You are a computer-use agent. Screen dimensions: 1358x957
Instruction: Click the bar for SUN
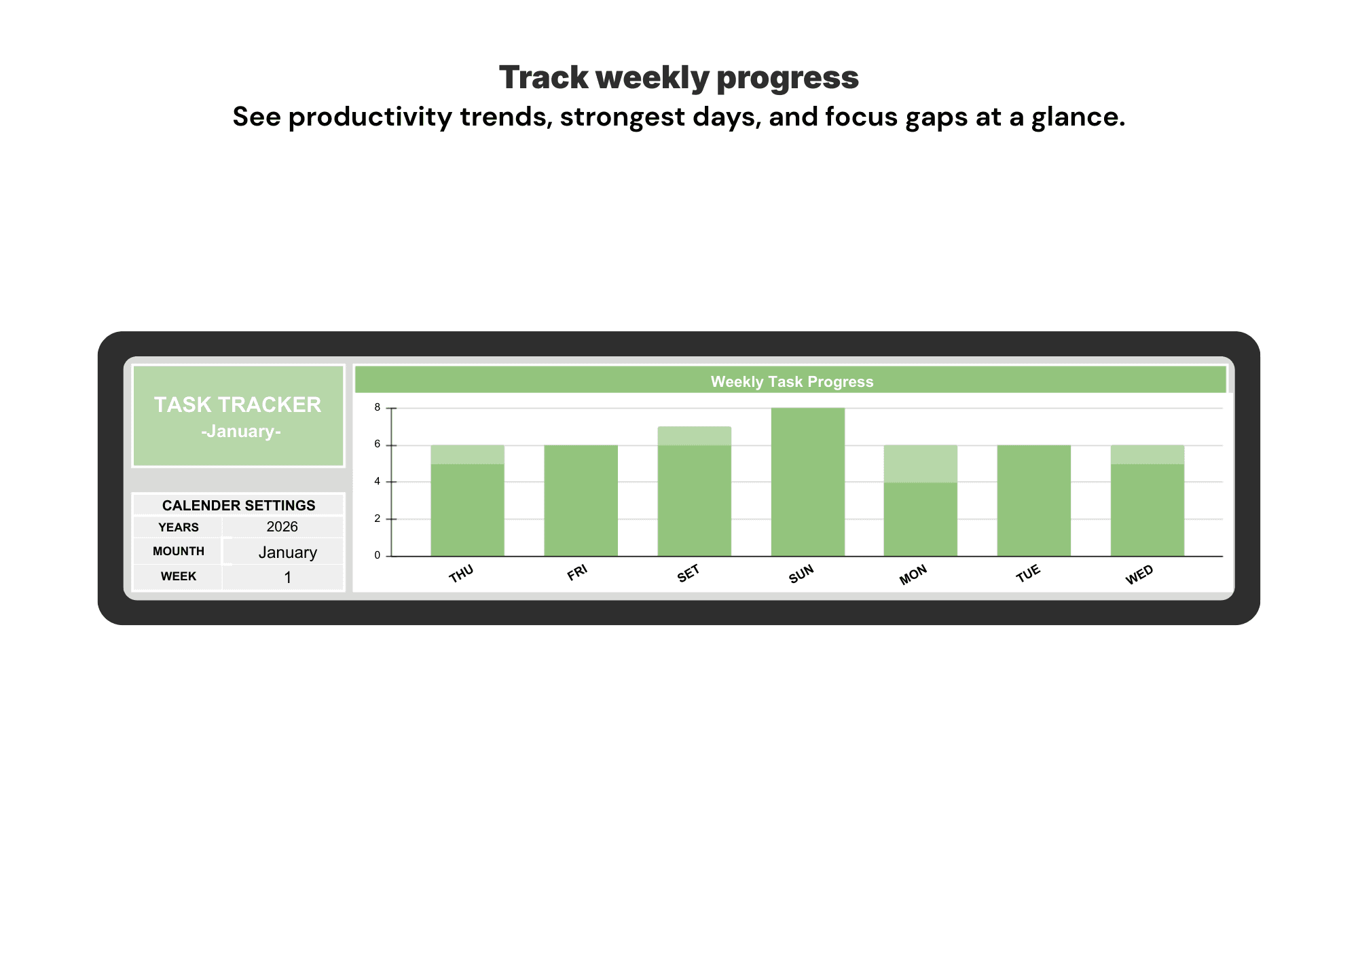808,482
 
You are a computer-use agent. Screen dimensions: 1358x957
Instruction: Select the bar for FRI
581,501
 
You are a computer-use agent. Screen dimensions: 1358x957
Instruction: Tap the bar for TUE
1034,501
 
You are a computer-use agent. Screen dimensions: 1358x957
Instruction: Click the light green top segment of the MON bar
921,464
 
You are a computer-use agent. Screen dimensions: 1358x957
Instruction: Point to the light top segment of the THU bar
468,455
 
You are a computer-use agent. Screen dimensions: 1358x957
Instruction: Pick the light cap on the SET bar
695,436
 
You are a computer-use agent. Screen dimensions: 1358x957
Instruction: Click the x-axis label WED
1139,575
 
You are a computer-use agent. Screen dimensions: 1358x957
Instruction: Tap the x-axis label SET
688,574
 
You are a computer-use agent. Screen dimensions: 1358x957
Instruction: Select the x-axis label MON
913,575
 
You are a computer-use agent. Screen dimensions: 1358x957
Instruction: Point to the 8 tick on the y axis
378,408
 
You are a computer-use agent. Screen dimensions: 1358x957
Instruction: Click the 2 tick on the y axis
378,519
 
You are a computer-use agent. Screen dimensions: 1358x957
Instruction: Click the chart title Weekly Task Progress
792,381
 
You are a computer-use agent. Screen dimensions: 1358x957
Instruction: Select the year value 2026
282,527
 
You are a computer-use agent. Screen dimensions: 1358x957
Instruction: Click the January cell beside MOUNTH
288,552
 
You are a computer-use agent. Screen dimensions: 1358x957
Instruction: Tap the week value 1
288,578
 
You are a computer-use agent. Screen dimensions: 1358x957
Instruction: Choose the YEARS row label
179,527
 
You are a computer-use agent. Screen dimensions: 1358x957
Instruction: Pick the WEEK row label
179,576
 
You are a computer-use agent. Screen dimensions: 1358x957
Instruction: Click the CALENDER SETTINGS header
239,506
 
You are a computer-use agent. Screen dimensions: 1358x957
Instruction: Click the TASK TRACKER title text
238,405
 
